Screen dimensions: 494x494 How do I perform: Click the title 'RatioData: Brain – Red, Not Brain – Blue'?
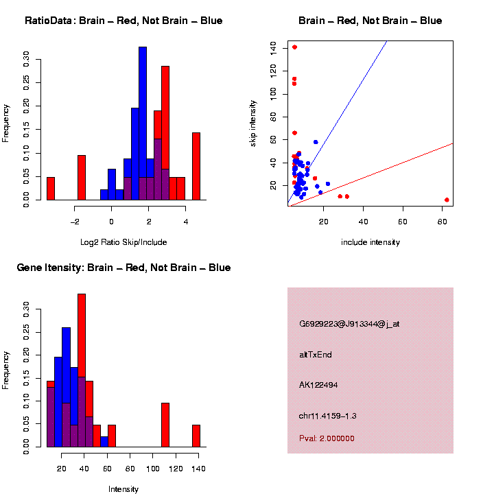123,21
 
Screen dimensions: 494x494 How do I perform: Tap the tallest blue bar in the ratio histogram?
143,123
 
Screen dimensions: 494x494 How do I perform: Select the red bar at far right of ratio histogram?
196,165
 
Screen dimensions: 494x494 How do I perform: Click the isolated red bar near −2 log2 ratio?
82,177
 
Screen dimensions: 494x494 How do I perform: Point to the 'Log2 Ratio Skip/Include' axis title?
123,242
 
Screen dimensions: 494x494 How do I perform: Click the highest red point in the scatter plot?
294,47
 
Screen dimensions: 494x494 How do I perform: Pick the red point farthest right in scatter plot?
447,200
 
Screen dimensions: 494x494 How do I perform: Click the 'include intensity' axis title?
370,242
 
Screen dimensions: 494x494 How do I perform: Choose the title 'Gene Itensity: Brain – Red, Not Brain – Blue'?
123,268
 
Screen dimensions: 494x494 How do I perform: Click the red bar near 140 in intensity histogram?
196,436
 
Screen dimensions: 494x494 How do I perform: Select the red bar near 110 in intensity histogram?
165,425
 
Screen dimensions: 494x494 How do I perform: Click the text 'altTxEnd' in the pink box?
316,355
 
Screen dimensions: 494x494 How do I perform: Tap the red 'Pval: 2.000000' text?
327,438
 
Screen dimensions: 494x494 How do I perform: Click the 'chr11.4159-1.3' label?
328,416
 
